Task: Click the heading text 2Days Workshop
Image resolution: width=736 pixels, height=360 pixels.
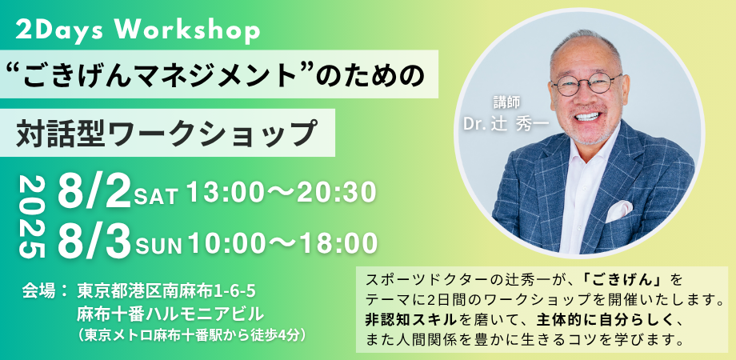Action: pyautogui.click(x=138, y=31)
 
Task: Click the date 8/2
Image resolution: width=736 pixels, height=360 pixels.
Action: pyautogui.click(x=94, y=192)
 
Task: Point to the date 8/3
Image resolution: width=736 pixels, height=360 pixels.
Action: pyautogui.click(x=94, y=242)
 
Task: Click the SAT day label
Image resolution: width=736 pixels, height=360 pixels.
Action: pyautogui.click(x=156, y=196)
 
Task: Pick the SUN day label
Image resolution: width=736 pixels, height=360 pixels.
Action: pyautogui.click(x=158, y=246)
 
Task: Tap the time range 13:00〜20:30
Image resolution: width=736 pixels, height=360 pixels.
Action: pyautogui.click(x=281, y=193)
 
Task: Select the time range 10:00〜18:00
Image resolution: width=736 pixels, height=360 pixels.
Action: pyautogui.click(x=282, y=242)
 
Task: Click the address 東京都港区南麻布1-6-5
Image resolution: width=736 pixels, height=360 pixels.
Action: pyautogui.click(x=166, y=291)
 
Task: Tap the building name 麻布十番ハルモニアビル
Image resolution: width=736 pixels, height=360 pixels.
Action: pyautogui.click(x=170, y=313)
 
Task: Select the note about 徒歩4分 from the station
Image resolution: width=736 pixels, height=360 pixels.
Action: pyautogui.click(x=194, y=335)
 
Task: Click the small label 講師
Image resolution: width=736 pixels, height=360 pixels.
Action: pyautogui.click(x=506, y=102)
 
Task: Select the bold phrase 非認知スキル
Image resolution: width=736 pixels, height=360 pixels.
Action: pyautogui.click(x=410, y=320)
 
